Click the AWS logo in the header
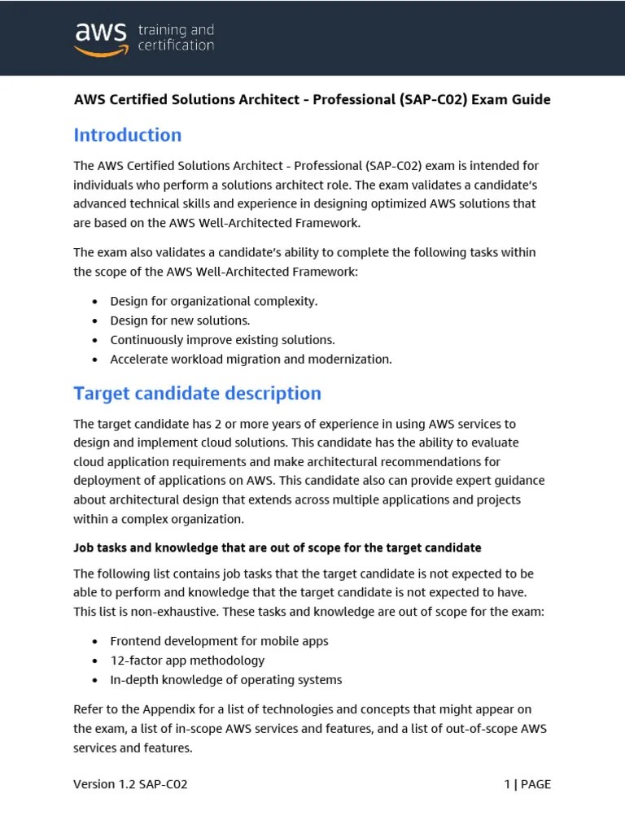[x=101, y=38]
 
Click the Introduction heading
[x=128, y=135]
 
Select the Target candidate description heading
[x=197, y=394]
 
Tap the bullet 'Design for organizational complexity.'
[x=213, y=301]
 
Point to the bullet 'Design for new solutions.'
[x=180, y=321]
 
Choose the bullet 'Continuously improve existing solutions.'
[x=222, y=340]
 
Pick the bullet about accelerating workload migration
[x=251, y=360]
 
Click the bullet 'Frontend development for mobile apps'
[x=219, y=641]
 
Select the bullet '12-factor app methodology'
[x=187, y=661]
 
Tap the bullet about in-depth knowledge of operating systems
[x=225, y=680]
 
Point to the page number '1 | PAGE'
[x=527, y=784]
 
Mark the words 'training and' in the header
[x=176, y=30]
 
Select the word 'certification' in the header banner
[x=176, y=46]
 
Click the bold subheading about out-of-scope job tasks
[x=278, y=547]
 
